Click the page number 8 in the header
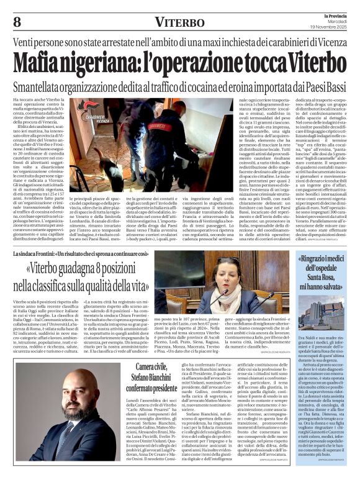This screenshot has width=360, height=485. pyautogui.click(x=17, y=23)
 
